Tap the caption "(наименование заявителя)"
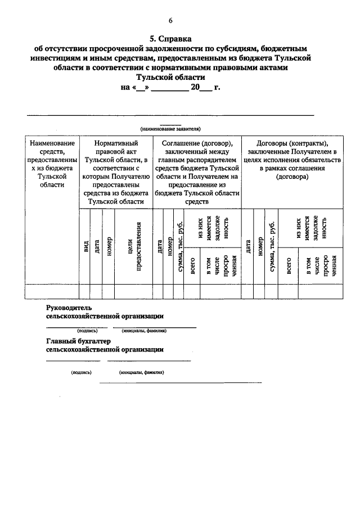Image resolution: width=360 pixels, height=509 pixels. (171, 129)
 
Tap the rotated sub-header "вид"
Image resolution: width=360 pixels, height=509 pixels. (85, 246)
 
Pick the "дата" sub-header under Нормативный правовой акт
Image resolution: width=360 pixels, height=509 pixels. (97, 246)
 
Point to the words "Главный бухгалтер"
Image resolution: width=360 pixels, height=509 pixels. (79, 341)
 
